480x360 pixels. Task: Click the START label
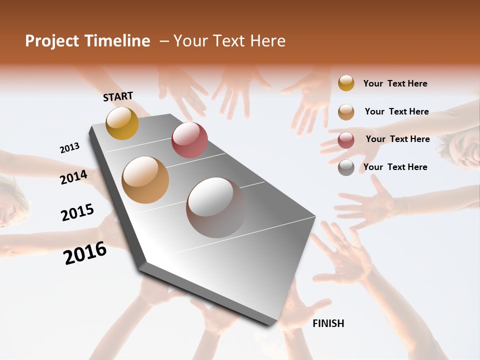point(118,96)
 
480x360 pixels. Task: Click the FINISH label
point(328,323)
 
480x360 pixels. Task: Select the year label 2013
point(69,148)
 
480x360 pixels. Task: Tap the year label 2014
point(74,177)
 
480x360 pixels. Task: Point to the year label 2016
point(85,253)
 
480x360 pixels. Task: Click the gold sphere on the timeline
point(122,123)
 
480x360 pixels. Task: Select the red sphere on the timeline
point(189,140)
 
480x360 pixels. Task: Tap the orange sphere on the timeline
point(145,179)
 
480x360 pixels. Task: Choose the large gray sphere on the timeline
point(216,207)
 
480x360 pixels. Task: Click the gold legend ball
point(346,83)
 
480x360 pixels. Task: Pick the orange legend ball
point(346,112)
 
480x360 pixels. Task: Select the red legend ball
point(346,140)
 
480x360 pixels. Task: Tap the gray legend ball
point(346,167)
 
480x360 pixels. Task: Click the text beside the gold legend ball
point(395,83)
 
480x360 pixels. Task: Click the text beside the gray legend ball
point(395,167)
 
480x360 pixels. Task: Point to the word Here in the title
point(267,41)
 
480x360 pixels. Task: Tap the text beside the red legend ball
point(397,139)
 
